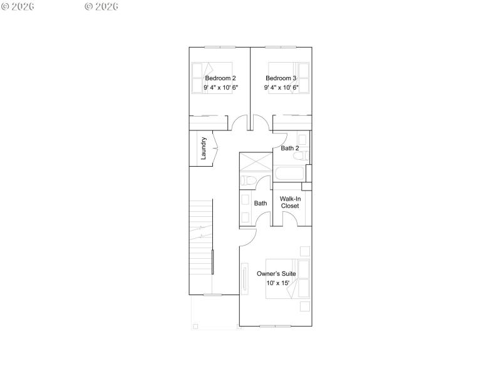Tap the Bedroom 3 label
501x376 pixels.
281,78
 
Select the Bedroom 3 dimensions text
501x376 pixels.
281,88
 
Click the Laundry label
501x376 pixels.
204,149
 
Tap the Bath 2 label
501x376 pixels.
289,149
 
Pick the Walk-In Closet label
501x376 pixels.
290,202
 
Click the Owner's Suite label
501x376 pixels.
276,274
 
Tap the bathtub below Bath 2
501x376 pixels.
289,174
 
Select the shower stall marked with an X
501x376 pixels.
254,162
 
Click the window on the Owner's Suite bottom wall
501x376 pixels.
276,326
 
